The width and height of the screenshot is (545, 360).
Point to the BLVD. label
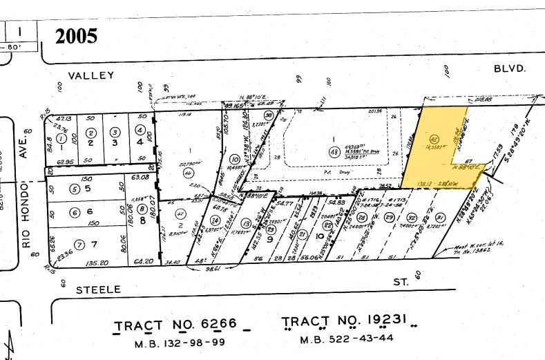511,68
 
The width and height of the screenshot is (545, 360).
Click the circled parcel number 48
334,151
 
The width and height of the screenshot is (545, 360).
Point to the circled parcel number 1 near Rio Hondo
61,132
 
